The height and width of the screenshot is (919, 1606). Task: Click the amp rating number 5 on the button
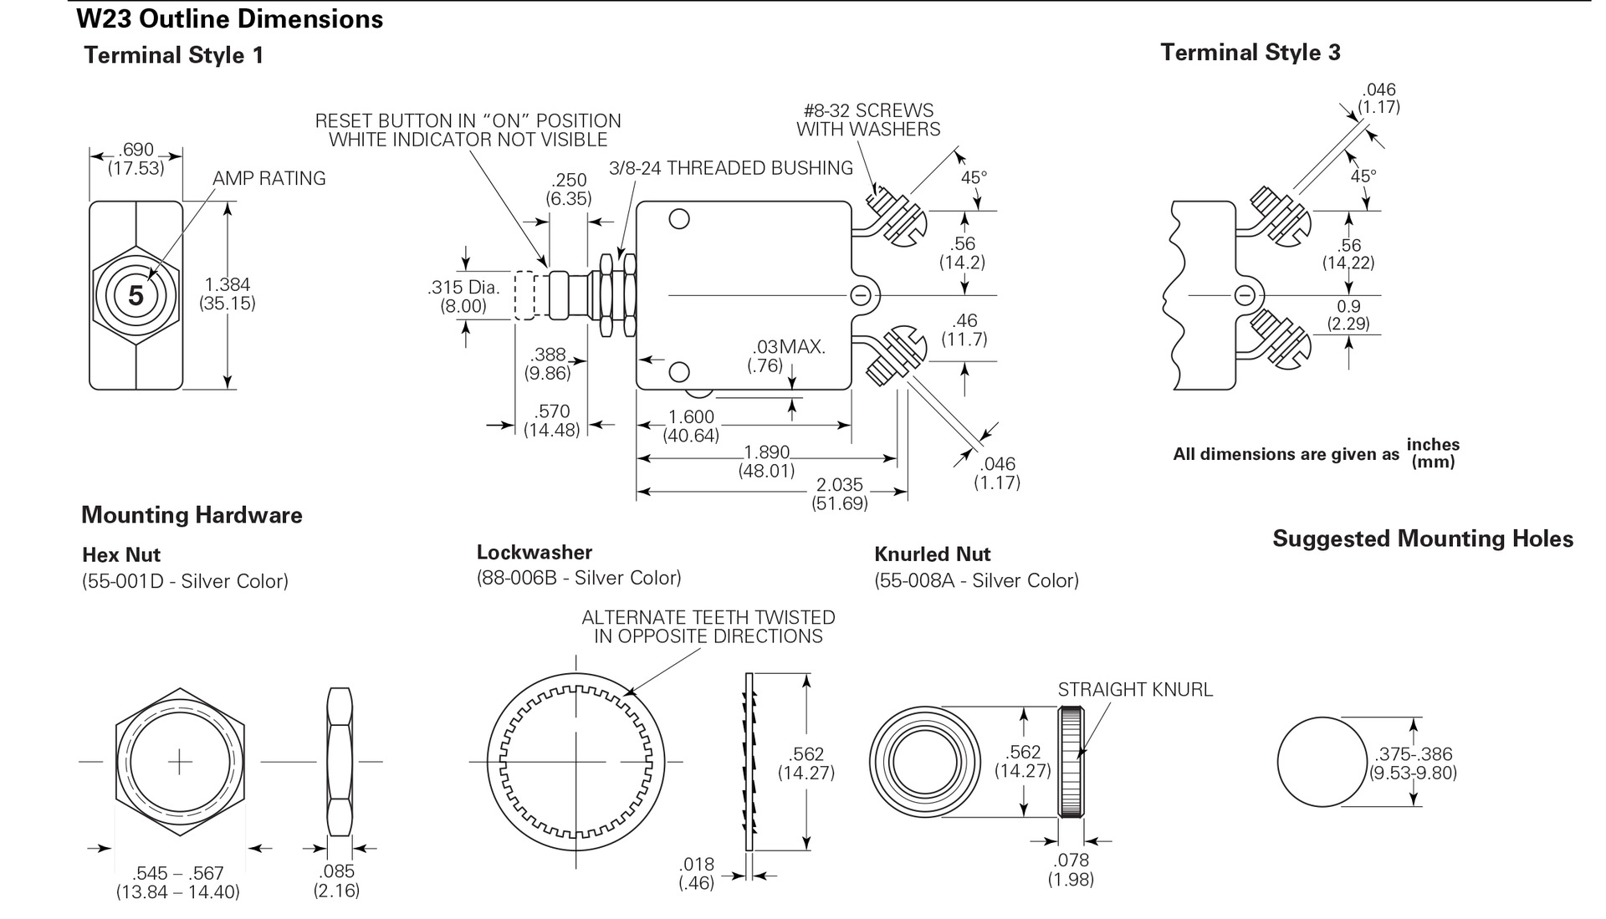tap(136, 295)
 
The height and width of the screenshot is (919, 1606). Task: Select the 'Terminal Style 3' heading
tap(1250, 53)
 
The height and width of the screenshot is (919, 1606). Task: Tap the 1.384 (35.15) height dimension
tap(227, 294)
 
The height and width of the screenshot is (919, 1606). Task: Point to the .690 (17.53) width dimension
tap(136, 158)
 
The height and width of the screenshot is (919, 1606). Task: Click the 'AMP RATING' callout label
tap(269, 178)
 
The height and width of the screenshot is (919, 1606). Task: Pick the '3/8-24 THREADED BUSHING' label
tap(730, 168)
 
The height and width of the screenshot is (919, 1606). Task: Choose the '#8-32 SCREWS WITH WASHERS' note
tap(868, 120)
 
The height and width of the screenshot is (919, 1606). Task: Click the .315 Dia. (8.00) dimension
tap(463, 297)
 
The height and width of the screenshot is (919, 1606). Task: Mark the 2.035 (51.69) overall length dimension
tap(839, 494)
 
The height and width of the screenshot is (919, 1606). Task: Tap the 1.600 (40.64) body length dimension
tap(691, 426)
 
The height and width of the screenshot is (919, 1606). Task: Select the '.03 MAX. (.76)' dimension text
tap(785, 355)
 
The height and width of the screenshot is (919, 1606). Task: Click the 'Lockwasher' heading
tap(534, 552)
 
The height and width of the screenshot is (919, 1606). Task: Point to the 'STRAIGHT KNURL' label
tap(1134, 690)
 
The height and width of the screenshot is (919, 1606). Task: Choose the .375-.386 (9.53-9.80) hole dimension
tap(1413, 763)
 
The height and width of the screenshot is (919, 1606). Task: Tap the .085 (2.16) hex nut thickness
tap(336, 881)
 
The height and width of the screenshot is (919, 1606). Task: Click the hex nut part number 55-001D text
tap(185, 581)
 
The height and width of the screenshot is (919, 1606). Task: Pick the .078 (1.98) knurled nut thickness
tap(1071, 870)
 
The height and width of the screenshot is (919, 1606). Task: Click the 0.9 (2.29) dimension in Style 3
tap(1348, 314)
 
